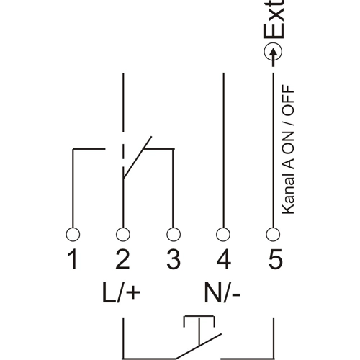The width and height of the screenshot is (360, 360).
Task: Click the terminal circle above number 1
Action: point(73,234)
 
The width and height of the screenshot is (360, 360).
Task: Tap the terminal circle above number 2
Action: point(122,234)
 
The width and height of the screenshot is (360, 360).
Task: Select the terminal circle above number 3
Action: point(173,234)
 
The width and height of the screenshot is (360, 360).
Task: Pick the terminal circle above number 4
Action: point(223,234)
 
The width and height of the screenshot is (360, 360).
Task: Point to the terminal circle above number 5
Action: point(273,234)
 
